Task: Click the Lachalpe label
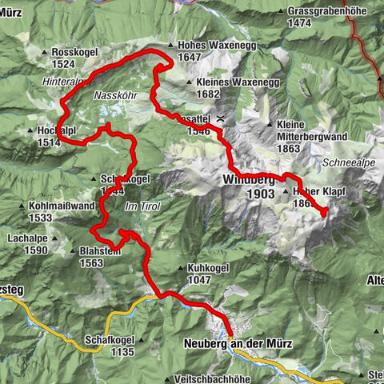[27, 239]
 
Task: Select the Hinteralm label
[64, 82]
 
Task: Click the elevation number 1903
[261, 194]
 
